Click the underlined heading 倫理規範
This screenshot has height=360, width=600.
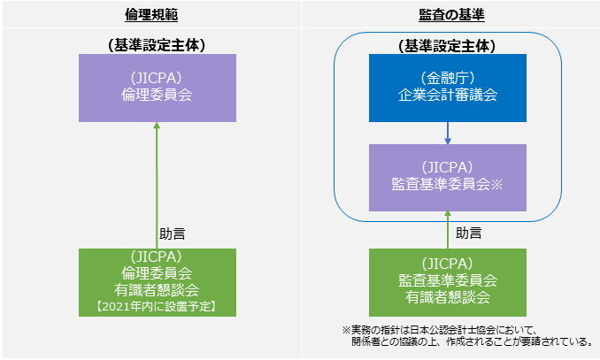click(x=151, y=14)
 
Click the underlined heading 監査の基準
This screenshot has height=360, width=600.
click(x=451, y=14)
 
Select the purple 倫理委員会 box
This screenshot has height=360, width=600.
click(x=158, y=88)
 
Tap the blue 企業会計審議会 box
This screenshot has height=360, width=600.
click(x=448, y=88)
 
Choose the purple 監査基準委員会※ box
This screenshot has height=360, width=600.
click(x=448, y=178)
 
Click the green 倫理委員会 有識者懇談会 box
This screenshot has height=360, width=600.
click(x=158, y=282)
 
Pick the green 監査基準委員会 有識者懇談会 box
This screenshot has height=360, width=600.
click(x=448, y=282)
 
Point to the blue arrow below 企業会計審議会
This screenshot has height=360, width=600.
click(x=448, y=134)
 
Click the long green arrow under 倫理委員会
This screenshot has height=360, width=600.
click(x=157, y=186)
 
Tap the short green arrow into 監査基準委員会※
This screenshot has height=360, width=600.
click(x=448, y=230)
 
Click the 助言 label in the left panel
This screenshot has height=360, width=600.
click(x=173, y=234)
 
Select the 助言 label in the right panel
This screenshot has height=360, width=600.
click(x=469, y=233)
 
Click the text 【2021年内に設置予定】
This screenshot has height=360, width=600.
click(x=157, y=306)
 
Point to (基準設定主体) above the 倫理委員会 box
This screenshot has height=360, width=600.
click(x=157, y=45)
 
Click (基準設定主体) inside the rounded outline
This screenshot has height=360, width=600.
click(x=447, y=46)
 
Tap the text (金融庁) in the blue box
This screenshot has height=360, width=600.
click(x=448, y=78)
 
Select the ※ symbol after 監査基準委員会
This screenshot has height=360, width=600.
click(x=496, y=185)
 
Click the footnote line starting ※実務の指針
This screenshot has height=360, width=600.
click(x=440, y=330)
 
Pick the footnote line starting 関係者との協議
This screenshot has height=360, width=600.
click(x=473, y=341)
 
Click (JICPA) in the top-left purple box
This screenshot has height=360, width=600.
click(x=157, y=78)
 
